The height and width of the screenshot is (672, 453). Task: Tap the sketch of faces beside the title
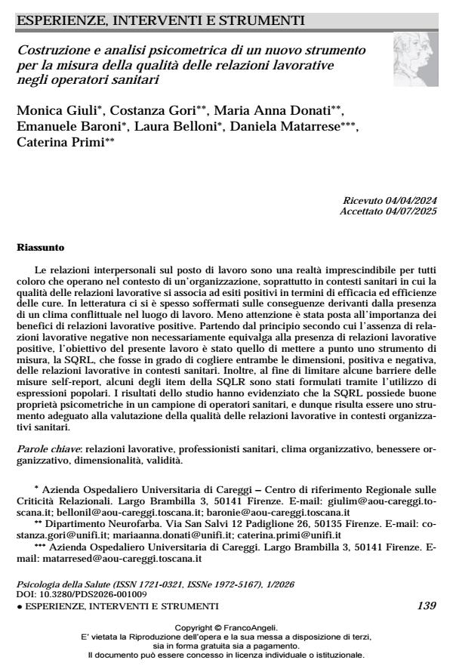[412, 63]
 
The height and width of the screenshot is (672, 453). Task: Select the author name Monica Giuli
[55, 113]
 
